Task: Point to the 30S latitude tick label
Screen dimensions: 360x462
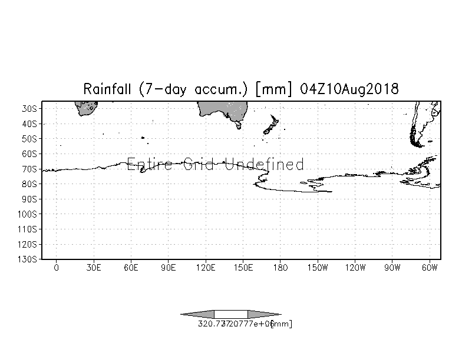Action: (x=30, y=109)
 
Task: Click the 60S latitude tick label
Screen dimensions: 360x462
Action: (x=30, y=154)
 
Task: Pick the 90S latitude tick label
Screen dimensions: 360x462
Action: (x=30, y=199)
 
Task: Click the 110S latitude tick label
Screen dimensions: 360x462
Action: (x=28, y=229)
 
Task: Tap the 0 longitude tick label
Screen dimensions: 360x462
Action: (x=57, y=268)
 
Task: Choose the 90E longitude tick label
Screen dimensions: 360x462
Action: (x=169, y=268)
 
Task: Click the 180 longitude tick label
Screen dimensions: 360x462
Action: (x=280, y=268)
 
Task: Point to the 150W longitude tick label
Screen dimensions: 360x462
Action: (x=318, y=268)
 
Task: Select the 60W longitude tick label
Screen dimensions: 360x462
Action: (x=430, y=268)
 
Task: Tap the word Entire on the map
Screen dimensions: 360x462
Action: (x=146, y=164)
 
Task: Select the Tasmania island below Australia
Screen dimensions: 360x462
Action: (x=238, y=125)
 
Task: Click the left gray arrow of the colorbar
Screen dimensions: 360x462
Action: (x=198, y=314)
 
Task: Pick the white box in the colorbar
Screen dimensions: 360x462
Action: (x=230, y=314)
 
